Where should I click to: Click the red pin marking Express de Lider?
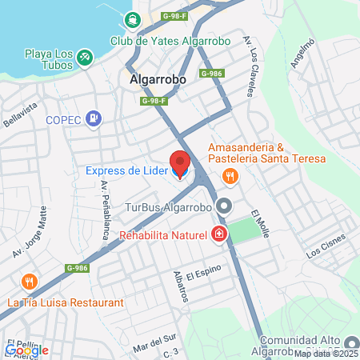[180, 163]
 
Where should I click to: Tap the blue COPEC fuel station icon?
[94, 119]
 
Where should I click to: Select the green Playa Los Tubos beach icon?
[86, 56]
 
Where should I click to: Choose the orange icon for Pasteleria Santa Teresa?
[230, 176]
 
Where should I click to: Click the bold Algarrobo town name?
[158, 80]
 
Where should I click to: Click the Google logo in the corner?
[26, 350]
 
